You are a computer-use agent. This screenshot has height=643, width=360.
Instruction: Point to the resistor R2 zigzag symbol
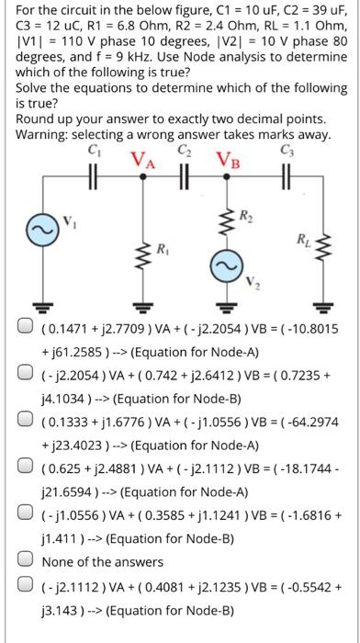tap(223, 218)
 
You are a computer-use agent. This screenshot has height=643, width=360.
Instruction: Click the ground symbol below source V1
tap(41, 307)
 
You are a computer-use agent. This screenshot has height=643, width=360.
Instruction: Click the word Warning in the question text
tap(41, 134)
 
